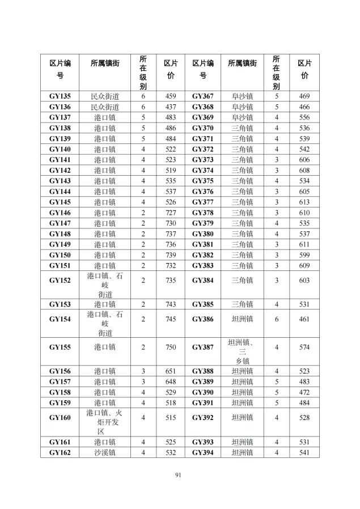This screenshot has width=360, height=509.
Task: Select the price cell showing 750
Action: (x=171, y=347)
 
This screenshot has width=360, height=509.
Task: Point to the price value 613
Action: (x=304, y=202)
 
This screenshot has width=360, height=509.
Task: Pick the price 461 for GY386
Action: (x=304, y=319)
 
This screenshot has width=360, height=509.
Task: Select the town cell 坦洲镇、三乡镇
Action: (x=244, y=351)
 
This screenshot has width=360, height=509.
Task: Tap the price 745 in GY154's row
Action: (x=171, y=319)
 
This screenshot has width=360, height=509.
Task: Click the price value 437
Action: (x=171, y=107)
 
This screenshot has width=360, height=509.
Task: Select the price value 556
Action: (x=304, y=117)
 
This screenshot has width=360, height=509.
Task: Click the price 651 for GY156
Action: (x=171, y=371)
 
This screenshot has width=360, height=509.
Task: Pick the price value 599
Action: (x=304, y=255)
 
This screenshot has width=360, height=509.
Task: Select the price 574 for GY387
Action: (x=304, y=347)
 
